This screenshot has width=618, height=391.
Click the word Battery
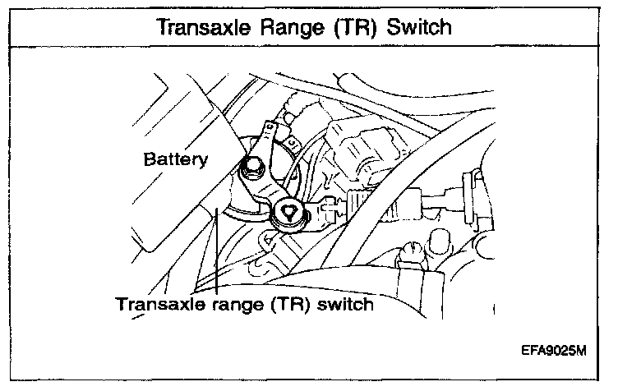174,159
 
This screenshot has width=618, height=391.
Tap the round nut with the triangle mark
288,211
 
